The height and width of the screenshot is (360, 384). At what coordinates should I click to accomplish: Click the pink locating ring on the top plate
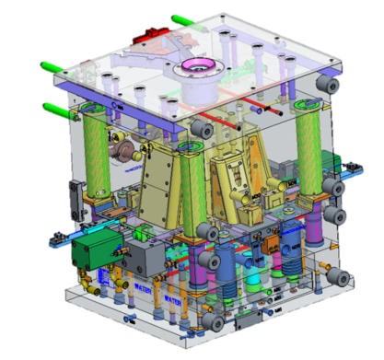click(197, 67)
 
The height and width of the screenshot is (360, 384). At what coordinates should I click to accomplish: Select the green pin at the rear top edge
click(183, 17)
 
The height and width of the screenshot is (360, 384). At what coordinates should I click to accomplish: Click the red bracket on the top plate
click(148, 38)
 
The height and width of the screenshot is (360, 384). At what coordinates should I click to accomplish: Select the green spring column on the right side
click(308, 152)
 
